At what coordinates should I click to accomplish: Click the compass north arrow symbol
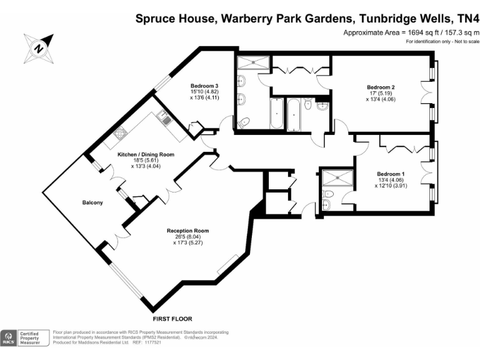click(38, 47)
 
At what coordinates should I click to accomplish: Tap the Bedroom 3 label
click(204, 86)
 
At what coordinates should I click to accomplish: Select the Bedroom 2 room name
click(381, 86)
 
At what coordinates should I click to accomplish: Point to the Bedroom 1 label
click(391, 173)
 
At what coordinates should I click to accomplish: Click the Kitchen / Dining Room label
click(146, 154)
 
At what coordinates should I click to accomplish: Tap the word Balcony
click(92, 203)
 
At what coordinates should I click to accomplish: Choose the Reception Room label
click(187, 231)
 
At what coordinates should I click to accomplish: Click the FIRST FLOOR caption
click(172, 318)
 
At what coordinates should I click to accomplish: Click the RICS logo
click(9, 338)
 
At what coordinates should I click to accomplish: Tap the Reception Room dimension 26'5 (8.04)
click(187, 237)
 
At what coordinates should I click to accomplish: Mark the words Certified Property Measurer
click(33, 338)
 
